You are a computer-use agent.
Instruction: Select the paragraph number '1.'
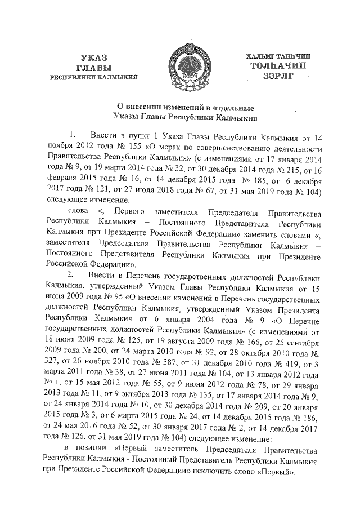72,136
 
